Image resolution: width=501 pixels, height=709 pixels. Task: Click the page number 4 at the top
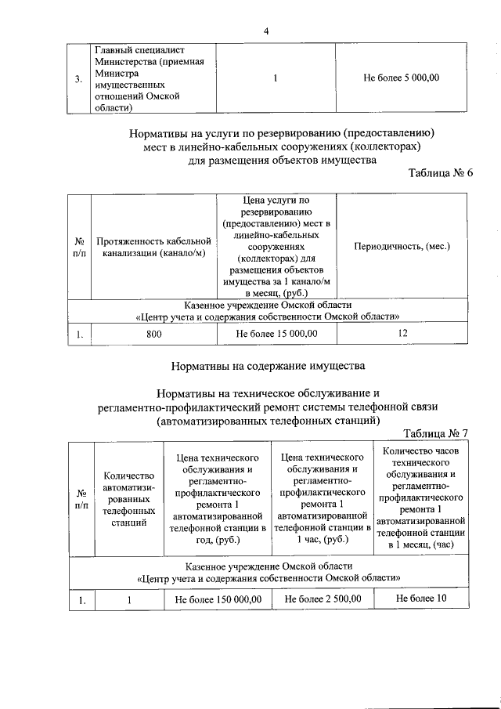coord(266,31)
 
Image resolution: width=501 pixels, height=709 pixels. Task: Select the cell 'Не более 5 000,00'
coord(402,78)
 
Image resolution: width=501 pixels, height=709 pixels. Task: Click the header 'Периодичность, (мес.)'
coord(402,246)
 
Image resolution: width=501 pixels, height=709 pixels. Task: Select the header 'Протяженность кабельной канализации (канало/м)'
coord(154,246)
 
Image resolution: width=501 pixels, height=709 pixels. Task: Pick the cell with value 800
coord(154,334)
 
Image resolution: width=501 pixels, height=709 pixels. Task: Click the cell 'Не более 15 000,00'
coord(276,334)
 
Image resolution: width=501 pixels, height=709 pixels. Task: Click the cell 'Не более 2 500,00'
coord(322,599)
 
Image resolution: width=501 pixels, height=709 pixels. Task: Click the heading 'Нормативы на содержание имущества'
coord(266,365)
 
